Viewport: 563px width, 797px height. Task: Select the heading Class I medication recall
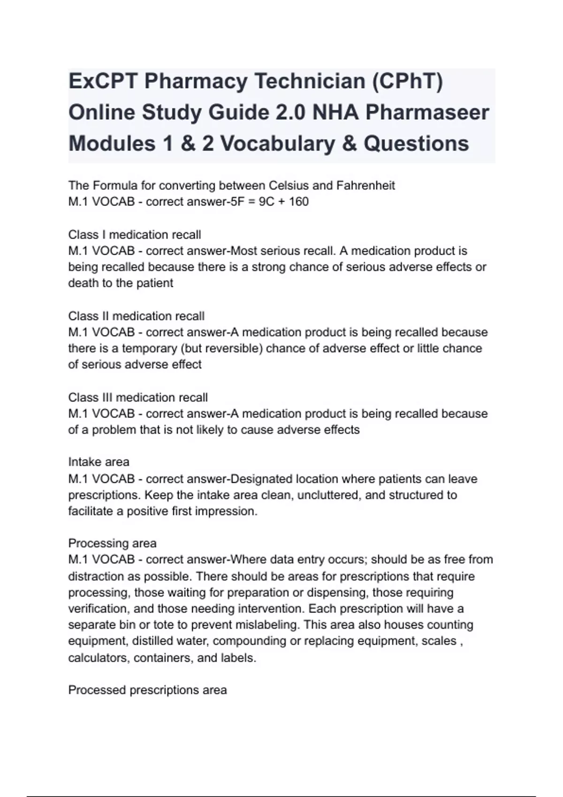point(134,234)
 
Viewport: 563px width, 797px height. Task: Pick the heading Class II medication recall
point(136,316)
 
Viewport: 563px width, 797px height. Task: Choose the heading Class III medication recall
point(138,398)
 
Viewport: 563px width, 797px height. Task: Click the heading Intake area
point(99,462)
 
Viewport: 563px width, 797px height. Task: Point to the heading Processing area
point(112,543)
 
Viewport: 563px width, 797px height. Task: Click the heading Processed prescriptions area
point(147,690)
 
